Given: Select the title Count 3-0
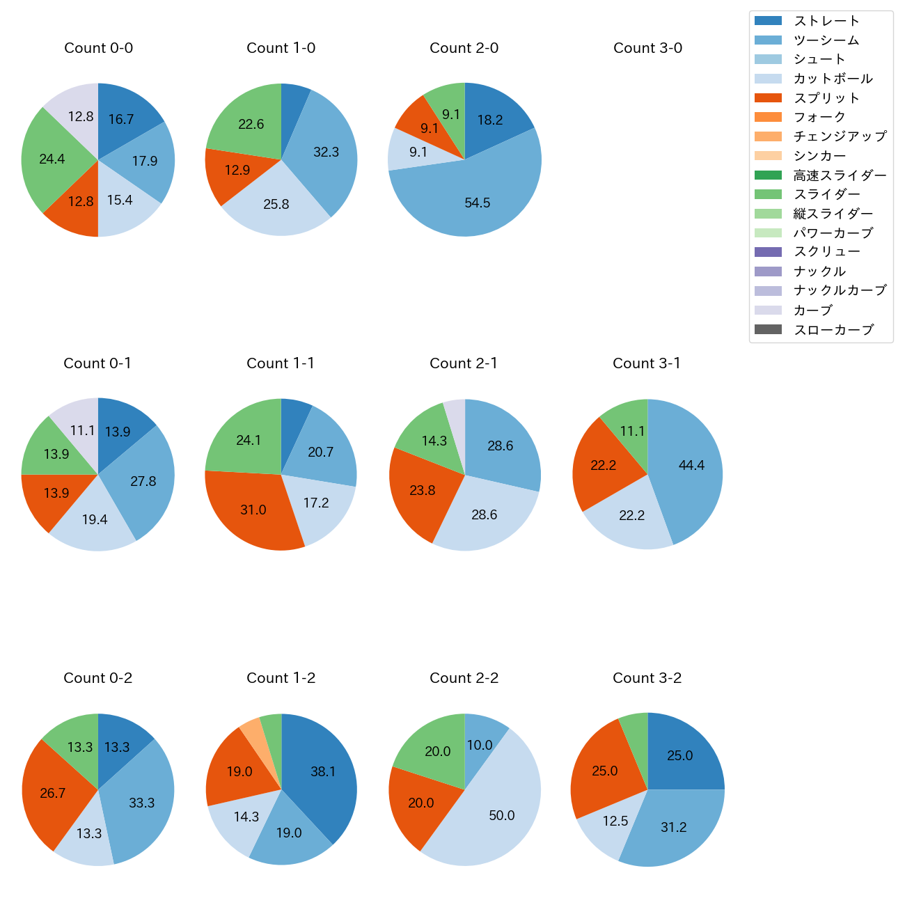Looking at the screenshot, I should pos(647,48).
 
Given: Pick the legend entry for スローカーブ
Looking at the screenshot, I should pos(833,330).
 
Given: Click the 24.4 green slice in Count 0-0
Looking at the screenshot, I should pos(52,160).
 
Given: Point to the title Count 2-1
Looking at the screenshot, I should pos(464,363).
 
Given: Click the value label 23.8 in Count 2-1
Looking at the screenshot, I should pos(423,491).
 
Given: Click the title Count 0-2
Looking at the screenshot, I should pos(97,678).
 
